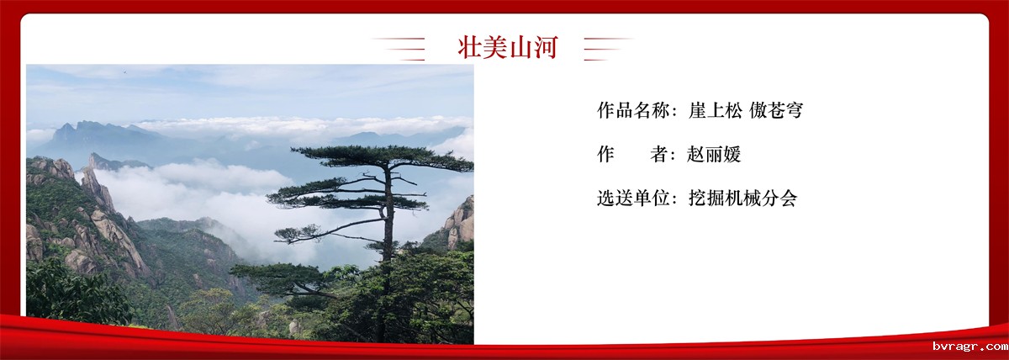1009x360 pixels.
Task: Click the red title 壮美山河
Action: click(508, 47)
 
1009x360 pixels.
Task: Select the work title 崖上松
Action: click(715, 110)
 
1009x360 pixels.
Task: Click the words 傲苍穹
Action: click(776, 110)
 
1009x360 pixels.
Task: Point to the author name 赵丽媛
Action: click(714, 154)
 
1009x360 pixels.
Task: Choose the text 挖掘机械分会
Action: click(742, 198)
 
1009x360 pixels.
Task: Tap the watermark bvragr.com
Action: click(970, 346)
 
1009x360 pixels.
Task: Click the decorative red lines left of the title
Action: click(399, 49)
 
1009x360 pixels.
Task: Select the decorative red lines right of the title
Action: click(608, 49)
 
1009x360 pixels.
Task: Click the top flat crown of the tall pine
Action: click(383, 157)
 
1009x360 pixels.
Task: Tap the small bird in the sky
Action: click(124, 71)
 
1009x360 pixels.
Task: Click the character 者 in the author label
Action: click(659, 154)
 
